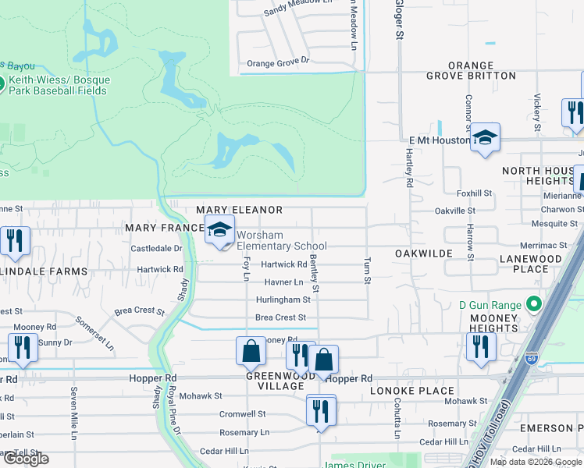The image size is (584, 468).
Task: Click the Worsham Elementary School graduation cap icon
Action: pyautogui.click(x=219, y=231)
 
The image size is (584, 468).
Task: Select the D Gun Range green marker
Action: pyautogui.click(x=535, y=303)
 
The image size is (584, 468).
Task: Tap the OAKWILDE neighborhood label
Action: pyautogui.click(x=424, y=254)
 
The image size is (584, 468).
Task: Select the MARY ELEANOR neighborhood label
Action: pyautogui.click(x=239, y=211)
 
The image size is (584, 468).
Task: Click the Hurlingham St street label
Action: pyautogui.click(x=283, y=300)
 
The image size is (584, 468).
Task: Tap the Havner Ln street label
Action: pyautogui.click(x=283, y=282)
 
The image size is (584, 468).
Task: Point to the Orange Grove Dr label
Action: pyautogui.click(x=278, y=62)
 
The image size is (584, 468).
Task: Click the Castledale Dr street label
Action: pyautogui.click(x=156, y=249)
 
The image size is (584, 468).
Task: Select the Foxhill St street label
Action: pyautogui.click(x=474, y=193)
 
